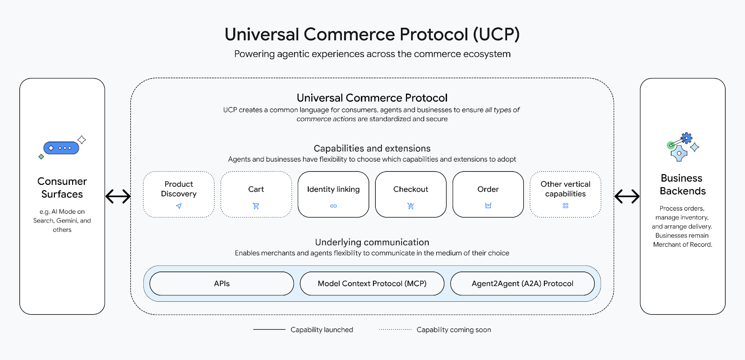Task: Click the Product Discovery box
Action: (179, 194)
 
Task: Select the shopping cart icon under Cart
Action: (256, 206)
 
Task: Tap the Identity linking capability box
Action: (333, 194)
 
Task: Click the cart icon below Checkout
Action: (411, 206)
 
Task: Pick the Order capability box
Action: (488, 194)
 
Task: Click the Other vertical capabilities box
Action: (565, 194)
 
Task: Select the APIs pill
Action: (222, 284)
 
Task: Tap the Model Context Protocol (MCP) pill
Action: (372, 284)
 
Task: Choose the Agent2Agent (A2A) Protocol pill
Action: (522, 284)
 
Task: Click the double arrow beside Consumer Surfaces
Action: (118, 197)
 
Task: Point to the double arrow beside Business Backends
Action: (627, 197)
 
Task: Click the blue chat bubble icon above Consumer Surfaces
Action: (61, 148)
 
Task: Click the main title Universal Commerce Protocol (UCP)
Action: (372, 34)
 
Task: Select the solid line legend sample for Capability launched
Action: (269, 330)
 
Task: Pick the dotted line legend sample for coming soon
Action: (395, 330)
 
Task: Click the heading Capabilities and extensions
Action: (372, 149)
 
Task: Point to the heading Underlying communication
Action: (372, 242)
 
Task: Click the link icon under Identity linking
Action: (333, 206)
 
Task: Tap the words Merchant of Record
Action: (683, 245)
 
